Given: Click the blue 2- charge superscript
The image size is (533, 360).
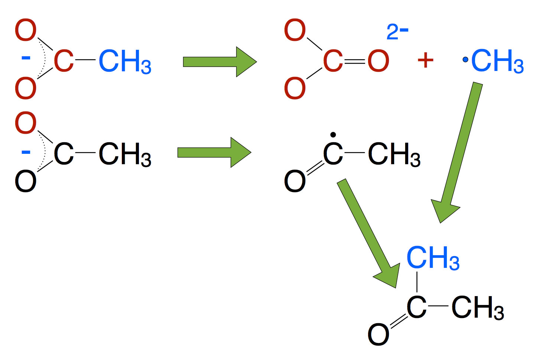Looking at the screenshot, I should click(x=397, y=32).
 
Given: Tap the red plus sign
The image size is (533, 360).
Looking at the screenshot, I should click(x=425, y=60).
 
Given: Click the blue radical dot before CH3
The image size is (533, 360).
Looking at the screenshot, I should click(x=465, y=59).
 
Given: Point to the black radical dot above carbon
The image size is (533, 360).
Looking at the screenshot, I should click(x=333, y=135).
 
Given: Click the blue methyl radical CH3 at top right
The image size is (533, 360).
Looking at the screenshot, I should click(x=497, y=61).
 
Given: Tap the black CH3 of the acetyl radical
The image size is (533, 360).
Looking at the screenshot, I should click(x=394, y=154).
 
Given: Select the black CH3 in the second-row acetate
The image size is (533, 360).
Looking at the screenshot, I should click(x=125, y=154).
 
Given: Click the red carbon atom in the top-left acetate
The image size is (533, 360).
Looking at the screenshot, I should click(x=64, y=61).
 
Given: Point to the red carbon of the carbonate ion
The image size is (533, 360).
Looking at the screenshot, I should click(x=333, y=61).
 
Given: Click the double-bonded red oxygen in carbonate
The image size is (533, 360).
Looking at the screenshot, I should click(x=378, y=61).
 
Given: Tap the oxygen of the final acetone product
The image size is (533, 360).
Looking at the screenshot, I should click(x=378, y=334).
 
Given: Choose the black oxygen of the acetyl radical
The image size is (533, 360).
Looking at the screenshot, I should click(x=295, y=181).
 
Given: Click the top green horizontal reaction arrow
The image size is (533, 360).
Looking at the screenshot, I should click(x=220, y=62).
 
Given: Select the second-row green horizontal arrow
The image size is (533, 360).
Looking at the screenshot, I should click(x=214, y=152).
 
